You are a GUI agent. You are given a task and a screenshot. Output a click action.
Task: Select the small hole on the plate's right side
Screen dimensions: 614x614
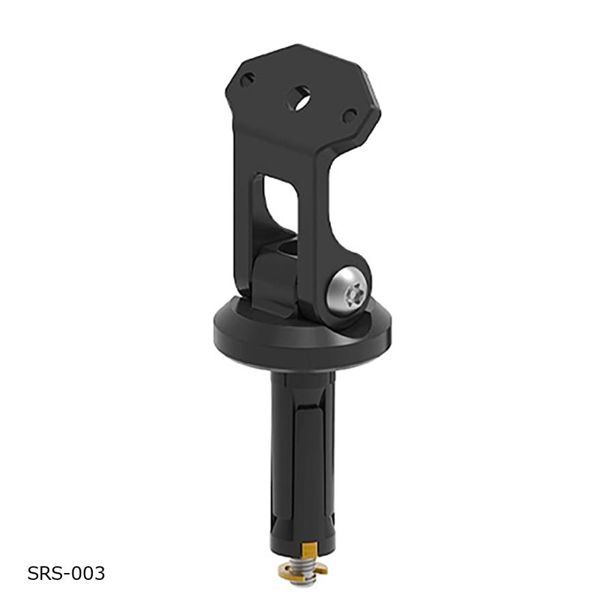pyautogui.click(x=349, y=117)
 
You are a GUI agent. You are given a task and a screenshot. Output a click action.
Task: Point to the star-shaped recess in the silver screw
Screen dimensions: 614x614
pyautogui.click(x=352, y=295)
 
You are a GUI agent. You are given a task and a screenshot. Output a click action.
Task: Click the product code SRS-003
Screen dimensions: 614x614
pyautogui.click(x=66, y=574)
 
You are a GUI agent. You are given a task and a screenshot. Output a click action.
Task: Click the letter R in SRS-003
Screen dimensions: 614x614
pyautogui.click(x=44, y=574)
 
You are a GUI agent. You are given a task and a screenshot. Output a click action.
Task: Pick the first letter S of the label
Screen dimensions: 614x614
pyautogui.click(x=33, y=574)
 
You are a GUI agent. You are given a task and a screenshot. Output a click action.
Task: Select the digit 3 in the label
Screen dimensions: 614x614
pyautogui.click(x=100, y=574)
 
